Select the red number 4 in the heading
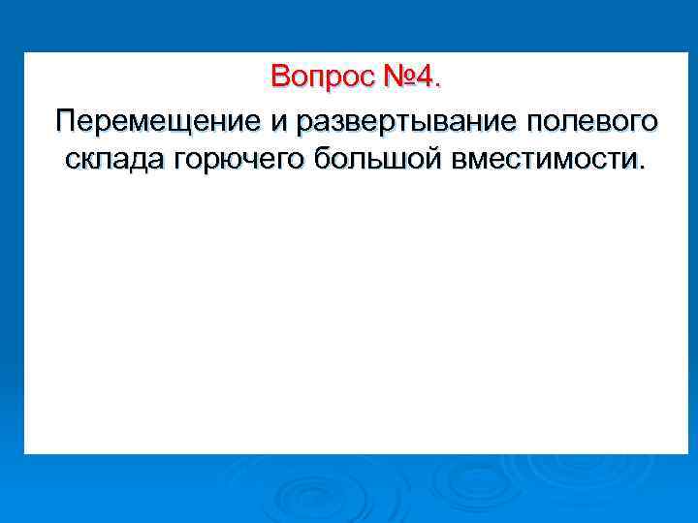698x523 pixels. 425,76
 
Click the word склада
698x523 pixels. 112,160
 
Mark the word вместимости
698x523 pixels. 543,160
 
